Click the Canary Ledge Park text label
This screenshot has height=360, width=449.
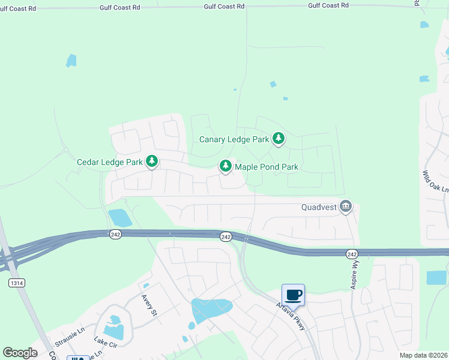tap(234, 139)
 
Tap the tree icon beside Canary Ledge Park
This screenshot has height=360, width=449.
tap(279, 139)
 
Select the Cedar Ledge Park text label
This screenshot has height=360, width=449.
tap(110, 162)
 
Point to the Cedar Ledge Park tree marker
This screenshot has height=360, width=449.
tap(152, 161)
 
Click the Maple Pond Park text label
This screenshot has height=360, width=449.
tap(267, 167)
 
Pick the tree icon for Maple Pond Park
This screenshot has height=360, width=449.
tap(225, 166)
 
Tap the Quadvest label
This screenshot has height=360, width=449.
tap(318, 208)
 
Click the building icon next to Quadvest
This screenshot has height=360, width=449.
tap(345, 206)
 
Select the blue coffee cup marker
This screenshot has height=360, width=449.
tap(293, 295)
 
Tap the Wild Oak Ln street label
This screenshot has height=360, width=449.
tap(435, 181)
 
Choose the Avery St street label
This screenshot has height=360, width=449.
tap(149, 304)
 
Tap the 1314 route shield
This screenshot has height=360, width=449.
tap(16, 282)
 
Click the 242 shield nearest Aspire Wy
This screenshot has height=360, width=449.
tap(352, 254)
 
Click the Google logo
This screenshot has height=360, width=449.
tap(20, 353)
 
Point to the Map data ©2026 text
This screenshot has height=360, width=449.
tap(423, 355)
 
